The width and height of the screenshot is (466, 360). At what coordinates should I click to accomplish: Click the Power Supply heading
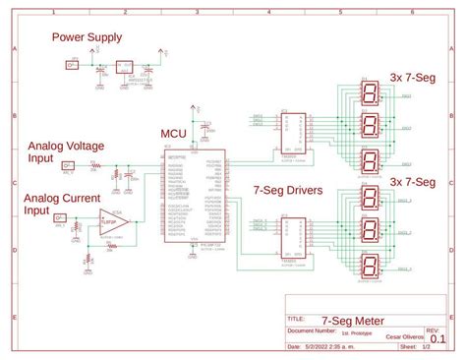87,38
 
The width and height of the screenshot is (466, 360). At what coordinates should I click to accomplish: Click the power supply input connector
71,65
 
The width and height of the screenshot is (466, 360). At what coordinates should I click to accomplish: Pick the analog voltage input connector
68,166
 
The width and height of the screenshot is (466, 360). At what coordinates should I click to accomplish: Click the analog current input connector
60,218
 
